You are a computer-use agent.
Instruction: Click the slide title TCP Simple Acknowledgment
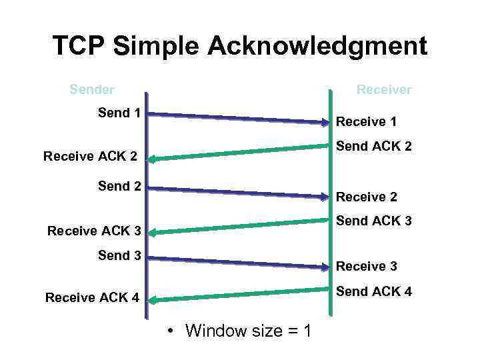[x=240, y=46]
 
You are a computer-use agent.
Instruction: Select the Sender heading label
[x=92, y=89]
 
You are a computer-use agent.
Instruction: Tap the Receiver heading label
[x=384, y=89]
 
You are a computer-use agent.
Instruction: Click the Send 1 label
[x=119, y=113]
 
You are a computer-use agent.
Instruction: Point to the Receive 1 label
[x=366, y=121]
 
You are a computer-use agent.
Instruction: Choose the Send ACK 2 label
[x=373, y=145]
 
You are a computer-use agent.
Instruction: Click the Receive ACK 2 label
[x=90, y=157]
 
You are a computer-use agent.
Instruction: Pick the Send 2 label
[x=119, y=186]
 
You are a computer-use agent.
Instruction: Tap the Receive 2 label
[x=366, y=197]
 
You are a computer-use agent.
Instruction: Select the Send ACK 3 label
[x=373, y=221]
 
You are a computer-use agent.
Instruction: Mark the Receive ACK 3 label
[x=94, y=231]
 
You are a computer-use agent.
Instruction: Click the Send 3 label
[x=119, y=255]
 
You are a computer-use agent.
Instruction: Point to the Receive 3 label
[x=366, y=266]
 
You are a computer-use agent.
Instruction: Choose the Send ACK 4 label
[x=373, y=291]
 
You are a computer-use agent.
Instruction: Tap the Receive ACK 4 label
[x=92, y=297]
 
